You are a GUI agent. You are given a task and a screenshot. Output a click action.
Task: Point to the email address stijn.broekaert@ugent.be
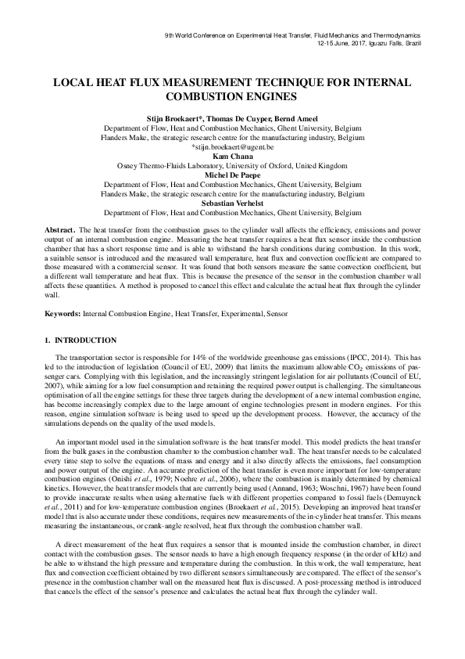(233, 146)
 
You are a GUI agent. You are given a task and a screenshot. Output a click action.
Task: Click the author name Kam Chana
(232, 156)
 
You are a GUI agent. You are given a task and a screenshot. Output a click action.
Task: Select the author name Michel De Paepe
(232, 175)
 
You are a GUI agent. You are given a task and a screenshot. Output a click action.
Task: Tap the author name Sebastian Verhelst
(232, 202)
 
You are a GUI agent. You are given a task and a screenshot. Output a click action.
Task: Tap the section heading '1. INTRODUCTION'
(80, 340)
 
